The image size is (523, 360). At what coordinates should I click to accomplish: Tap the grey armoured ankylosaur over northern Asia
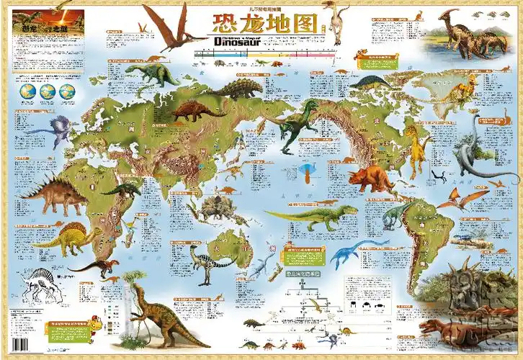tap(240, 89)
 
